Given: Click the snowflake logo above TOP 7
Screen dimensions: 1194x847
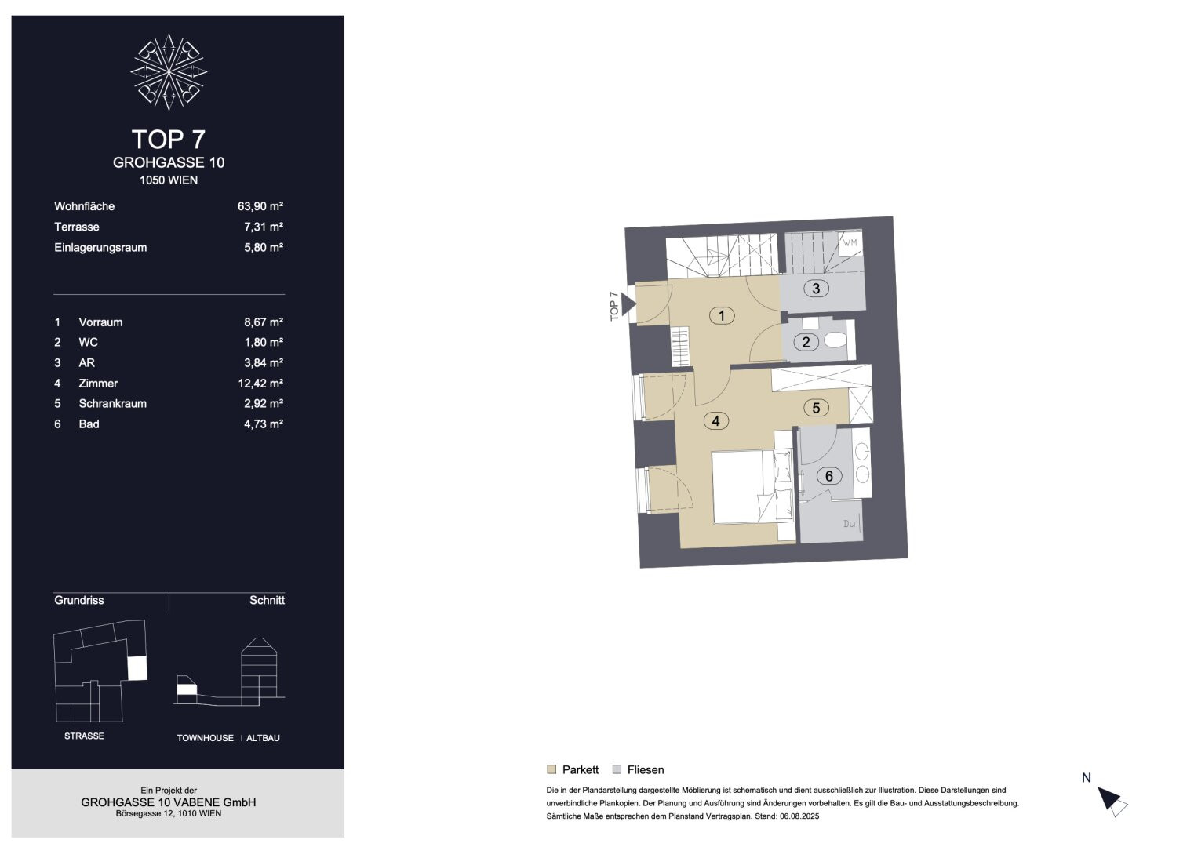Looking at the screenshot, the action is click(x=169, y=72).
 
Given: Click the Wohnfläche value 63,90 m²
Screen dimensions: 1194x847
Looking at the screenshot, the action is click(x=260, y=206).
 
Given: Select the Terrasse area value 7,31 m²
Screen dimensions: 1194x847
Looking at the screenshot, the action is click(x=264, y=227).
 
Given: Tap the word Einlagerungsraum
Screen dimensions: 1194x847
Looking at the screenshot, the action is click(x=100, y=248).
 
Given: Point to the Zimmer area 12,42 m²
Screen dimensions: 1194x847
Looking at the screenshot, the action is click(x=260, y=384).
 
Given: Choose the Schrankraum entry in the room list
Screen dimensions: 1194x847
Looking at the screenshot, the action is click(x=112, y=404).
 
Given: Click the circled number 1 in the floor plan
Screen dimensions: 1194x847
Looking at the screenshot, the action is click(x=722, y=316).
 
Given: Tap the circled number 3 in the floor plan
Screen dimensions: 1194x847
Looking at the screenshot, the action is click(x=816, y=289).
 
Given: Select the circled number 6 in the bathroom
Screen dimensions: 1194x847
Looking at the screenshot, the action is click(x=828, y=476).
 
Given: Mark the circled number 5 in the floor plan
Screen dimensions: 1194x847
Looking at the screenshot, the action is click(x=816, y=409).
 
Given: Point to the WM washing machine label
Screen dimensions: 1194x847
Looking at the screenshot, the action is click(x=850, y=243).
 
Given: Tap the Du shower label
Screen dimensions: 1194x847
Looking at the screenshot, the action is click(x=849, y=524).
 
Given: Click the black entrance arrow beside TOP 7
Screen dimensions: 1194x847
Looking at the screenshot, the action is click(x=628, y=304).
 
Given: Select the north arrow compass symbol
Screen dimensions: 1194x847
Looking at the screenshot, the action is click(x=1112, y=802).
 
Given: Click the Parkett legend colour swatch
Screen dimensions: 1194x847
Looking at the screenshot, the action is click(x=551, y=769).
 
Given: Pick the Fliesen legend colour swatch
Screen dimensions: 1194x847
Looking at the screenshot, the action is click(x=617, y=769).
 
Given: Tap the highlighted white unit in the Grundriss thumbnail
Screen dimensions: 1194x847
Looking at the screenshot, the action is click(x=137, y=668).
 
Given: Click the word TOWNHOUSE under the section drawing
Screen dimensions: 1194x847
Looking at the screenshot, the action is click(x=206, y=738).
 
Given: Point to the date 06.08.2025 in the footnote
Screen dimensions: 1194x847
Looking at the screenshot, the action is click(x=799, y=816).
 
